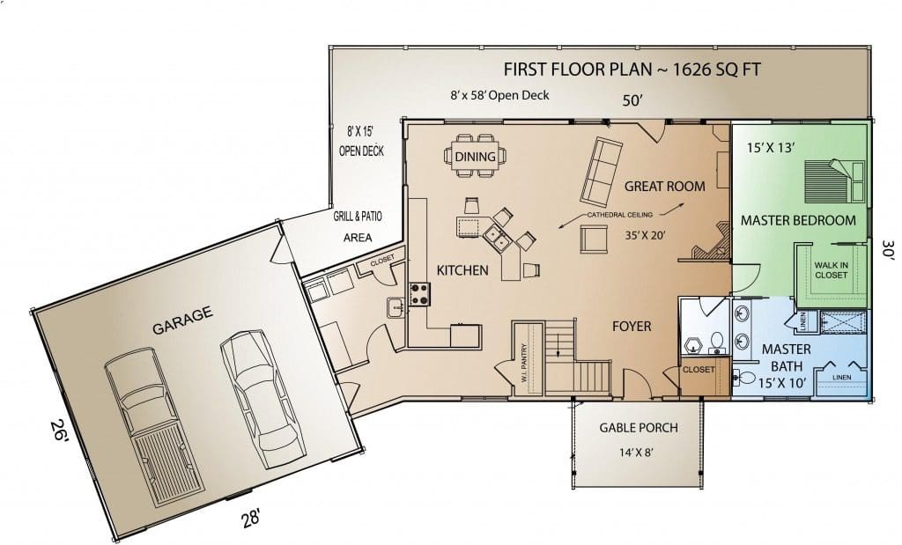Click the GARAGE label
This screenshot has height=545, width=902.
pyautogui.click(x=182, y=320)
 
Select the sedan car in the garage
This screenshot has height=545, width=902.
pyautogui.click(x=262, y=398)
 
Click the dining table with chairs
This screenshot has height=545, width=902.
pyautogui.click(x=475, y=156)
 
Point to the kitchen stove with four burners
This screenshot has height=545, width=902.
pyautogui.click(x=418, y=294)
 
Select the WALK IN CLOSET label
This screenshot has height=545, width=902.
pyautogui.click(x=831, y=270)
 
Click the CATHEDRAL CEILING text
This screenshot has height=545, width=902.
pyautogui.click(x=619, y=215)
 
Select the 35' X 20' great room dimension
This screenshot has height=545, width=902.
pyautogui.click(x=646, y=235)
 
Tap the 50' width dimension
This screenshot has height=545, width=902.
pyautogui.click(x=632, y=100)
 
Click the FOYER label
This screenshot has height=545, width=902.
pyautogui.click(x=632, y=327)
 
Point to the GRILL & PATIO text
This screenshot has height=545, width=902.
pyautogui.click(x=358, y=217)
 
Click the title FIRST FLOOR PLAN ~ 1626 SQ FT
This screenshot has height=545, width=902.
pyautogui.click(x=632, y=70)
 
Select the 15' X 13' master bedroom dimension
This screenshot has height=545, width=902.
pyautogui.click(x=771, y=148)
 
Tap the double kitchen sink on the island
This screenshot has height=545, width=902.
pyautogui.click(x=497, y=239)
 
